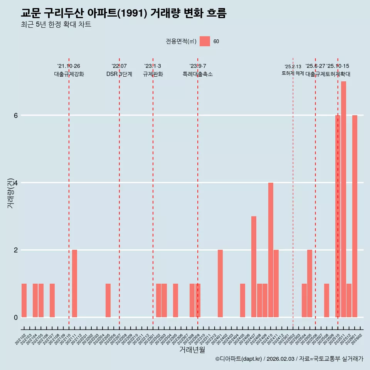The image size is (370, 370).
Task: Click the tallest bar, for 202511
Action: pos(343,199)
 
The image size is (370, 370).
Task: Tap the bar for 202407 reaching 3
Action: pos(254,267)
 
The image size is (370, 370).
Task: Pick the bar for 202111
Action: pos(74,283)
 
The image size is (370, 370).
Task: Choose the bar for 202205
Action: pos(108,300)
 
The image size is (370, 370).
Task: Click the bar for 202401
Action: pos(220,283)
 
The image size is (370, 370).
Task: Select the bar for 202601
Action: pos(355,216)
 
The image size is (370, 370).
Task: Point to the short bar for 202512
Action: pos(349,300)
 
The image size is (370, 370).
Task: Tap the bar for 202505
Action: pos(309,283)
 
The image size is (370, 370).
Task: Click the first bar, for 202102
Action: pos(24,300)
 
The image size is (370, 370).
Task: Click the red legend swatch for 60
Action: pos(205,41)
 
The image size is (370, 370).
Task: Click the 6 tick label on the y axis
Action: pos(15,115)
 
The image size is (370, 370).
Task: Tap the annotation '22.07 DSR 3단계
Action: pos(119,70)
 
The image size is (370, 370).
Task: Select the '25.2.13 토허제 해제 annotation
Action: pos(293,70)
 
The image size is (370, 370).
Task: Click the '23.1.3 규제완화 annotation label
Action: pos(153,70)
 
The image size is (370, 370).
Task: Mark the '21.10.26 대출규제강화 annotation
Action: pos(69,70)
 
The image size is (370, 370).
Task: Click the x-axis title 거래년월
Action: pos(192,350)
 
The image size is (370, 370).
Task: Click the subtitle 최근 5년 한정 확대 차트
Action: pos(56,25)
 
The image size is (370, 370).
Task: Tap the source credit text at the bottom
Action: pos(289,359)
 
